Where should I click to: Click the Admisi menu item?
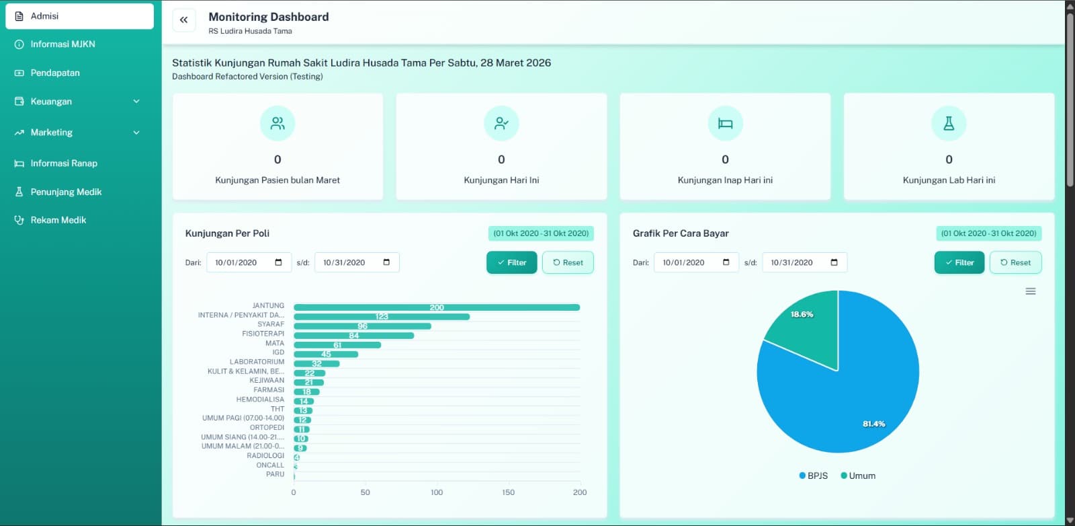79,16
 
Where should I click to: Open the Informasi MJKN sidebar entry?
63,44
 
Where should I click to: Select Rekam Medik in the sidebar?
58,220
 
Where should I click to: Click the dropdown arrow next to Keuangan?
136,102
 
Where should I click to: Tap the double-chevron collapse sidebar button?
184,20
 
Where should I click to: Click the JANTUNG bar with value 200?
437,307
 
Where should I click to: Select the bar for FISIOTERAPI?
353,335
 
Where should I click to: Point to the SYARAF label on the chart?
271,324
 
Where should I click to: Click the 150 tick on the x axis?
508,492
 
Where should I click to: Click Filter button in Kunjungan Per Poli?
511,262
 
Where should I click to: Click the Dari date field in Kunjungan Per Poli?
249,262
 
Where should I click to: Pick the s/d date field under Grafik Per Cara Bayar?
804,262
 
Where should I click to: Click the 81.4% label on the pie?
873,424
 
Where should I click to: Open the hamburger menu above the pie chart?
1030,291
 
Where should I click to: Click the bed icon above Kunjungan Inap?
725,124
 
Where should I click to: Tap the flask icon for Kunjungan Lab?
949,124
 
